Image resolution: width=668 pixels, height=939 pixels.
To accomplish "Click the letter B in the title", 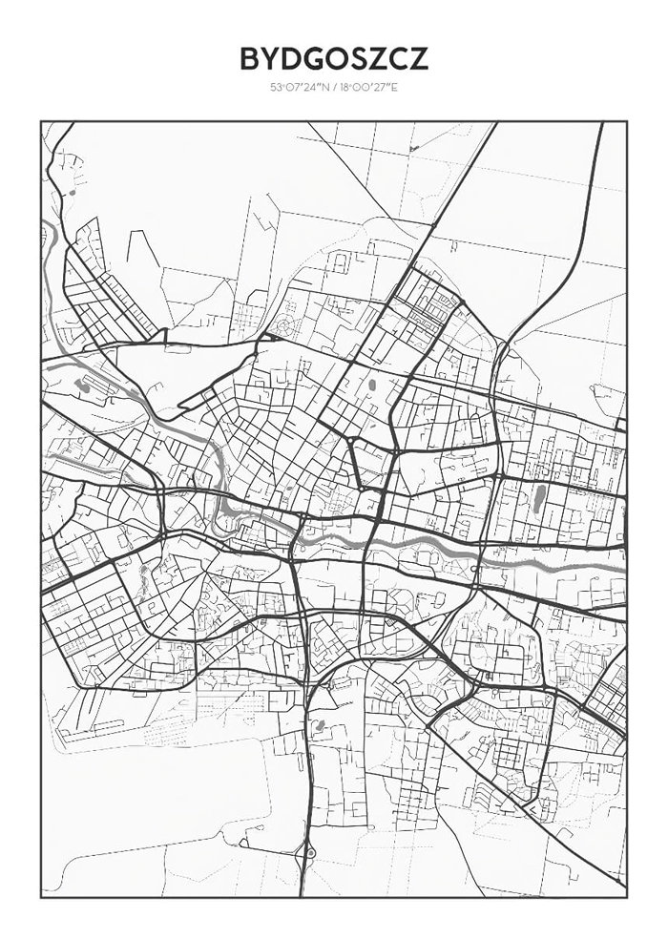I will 249,59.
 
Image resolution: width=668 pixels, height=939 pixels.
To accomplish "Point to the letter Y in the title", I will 269,59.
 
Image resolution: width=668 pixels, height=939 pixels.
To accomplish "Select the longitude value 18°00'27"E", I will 368,89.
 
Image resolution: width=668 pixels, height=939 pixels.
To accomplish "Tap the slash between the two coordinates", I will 334,89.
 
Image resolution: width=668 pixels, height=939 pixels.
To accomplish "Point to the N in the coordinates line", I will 324,89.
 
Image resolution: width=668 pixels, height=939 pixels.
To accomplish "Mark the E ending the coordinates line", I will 395,89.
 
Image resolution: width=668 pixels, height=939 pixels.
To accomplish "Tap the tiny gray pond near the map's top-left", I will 71,193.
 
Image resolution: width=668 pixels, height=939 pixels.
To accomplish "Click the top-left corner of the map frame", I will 41,121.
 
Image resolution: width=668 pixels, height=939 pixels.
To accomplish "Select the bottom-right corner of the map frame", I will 627,897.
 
